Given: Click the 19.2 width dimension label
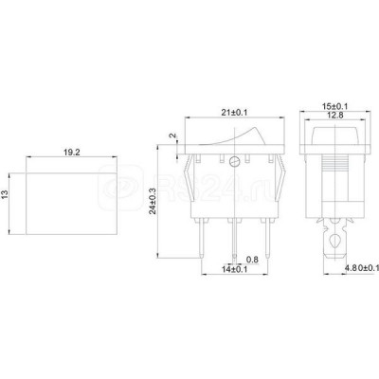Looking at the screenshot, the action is [x=72, y=153].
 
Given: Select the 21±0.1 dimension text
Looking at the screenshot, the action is [x=234, y=113].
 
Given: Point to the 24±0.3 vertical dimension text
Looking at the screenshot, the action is [x=153, y=201].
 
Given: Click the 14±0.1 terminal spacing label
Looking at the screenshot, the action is [x=234, y=269].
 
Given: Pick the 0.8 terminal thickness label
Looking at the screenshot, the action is [x=252, y=260].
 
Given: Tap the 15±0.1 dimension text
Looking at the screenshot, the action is [x=334, y=106].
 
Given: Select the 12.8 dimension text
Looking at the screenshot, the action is [x=334, y=116].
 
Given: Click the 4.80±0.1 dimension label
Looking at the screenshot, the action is [x=361, y=268].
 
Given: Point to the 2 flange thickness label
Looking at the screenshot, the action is [x=172, y=135].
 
